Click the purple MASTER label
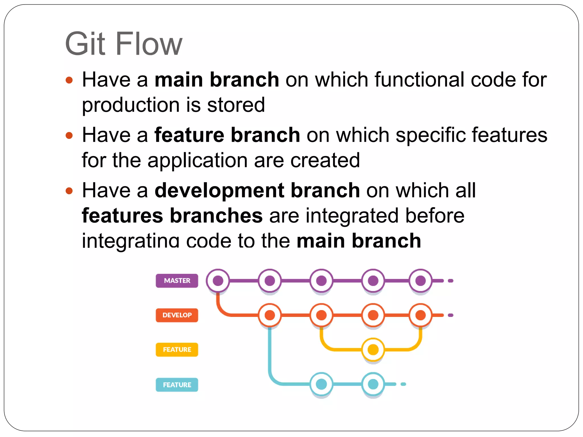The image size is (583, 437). point(177,281)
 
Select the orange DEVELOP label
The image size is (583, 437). point(177,315)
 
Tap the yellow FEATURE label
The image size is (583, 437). point(177,349)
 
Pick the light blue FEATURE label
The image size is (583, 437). point(177,385)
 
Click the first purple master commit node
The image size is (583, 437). point(218,281)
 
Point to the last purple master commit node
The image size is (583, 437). point(420,281)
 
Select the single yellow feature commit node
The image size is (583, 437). point(373,349)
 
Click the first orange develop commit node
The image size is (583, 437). point(270,315)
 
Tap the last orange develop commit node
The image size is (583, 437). point(420,315)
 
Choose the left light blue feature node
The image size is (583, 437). point(321,384)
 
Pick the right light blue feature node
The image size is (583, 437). point(373,384)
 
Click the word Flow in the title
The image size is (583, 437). point(149,44)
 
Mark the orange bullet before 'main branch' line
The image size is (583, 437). point(69,80)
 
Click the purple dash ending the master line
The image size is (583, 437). point(450,281)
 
